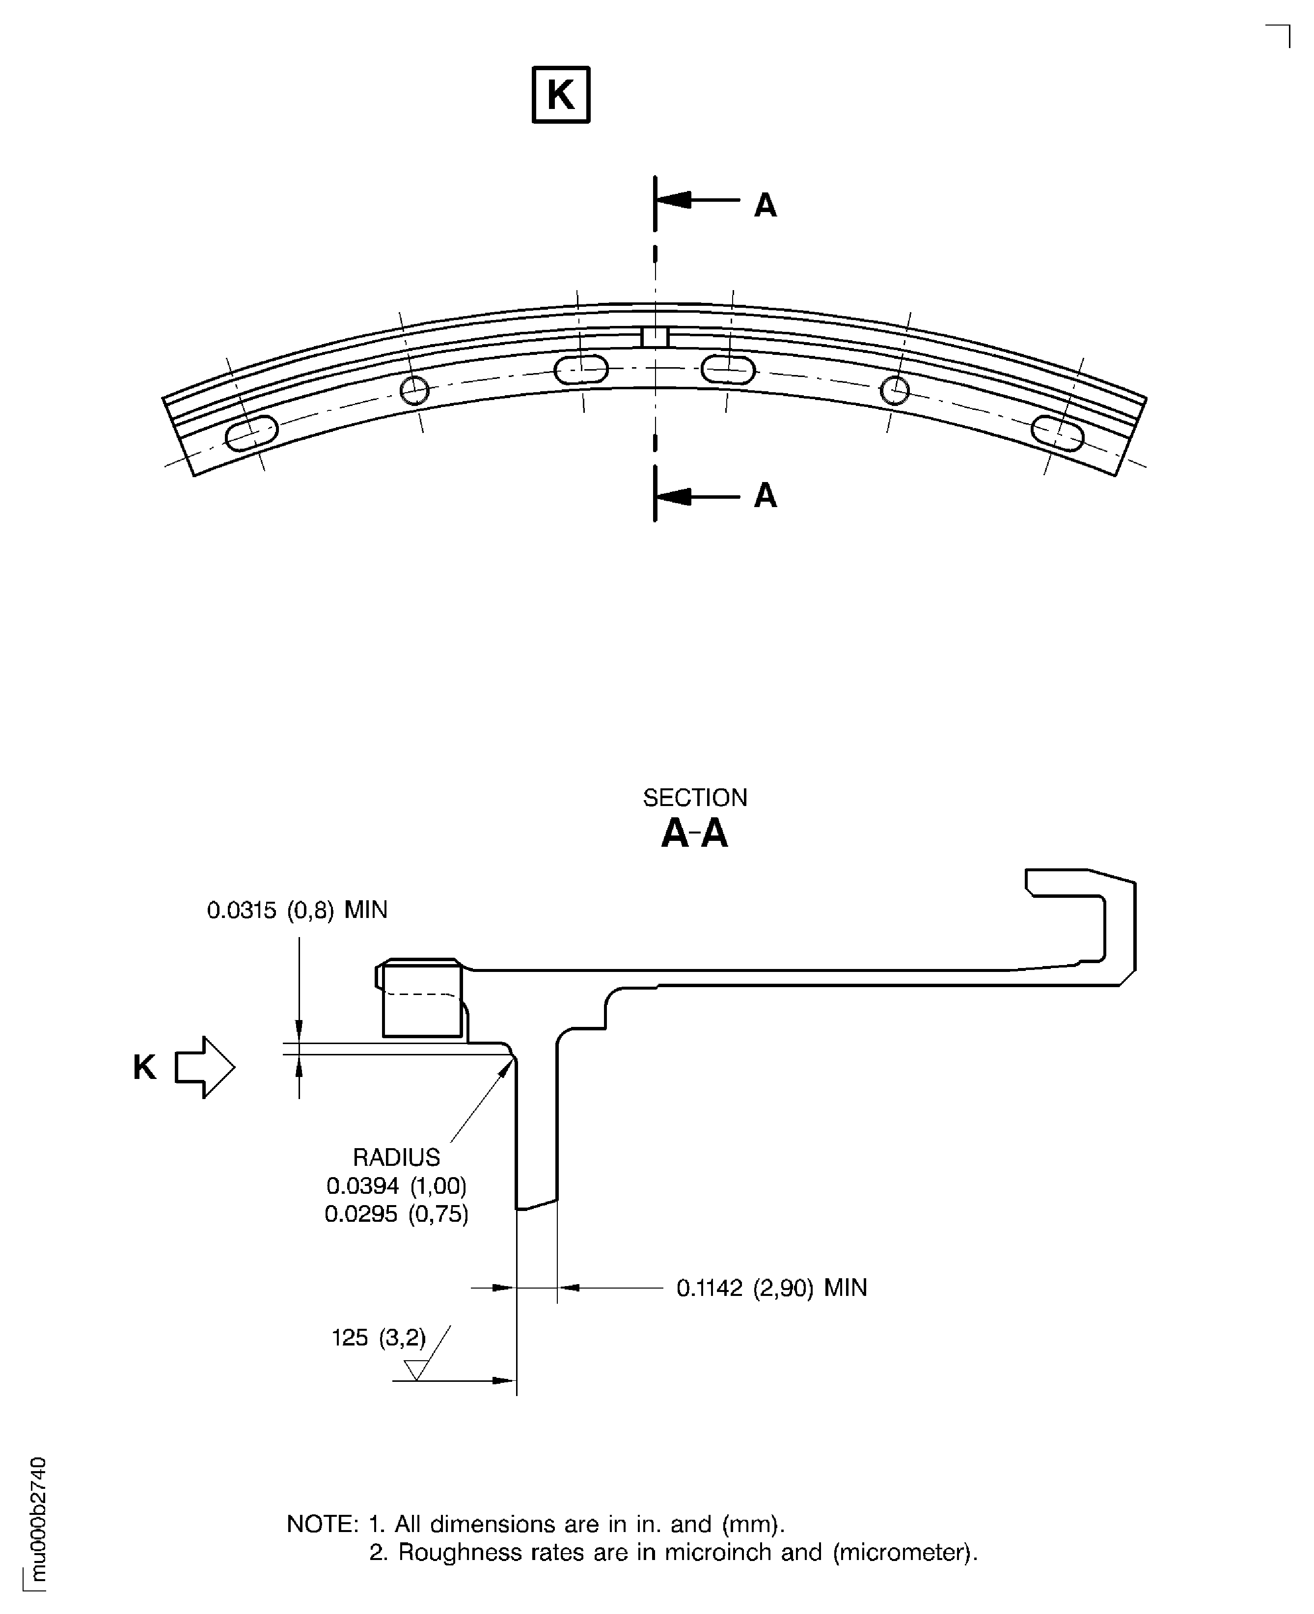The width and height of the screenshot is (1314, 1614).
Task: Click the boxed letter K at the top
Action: point(560,95)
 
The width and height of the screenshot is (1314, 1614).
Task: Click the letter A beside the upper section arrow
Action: point(765,205)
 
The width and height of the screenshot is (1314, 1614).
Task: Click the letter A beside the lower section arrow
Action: point(765,496)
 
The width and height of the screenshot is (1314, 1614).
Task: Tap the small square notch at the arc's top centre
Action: point(655,337)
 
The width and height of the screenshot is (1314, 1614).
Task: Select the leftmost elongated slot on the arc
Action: point(252,433)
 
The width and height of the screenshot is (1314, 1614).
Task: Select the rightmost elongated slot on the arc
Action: point(1057,433)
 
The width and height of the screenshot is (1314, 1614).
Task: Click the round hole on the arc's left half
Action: point(414,390)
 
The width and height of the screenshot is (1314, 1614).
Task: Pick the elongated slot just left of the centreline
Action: point(580,370)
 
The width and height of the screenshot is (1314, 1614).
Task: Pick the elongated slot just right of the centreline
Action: point(728,370)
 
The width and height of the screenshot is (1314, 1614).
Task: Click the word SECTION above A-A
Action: point(694,798)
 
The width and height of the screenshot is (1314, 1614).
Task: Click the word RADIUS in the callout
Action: point(396,1157)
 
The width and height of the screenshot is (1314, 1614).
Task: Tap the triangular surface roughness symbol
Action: point(415,1370)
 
